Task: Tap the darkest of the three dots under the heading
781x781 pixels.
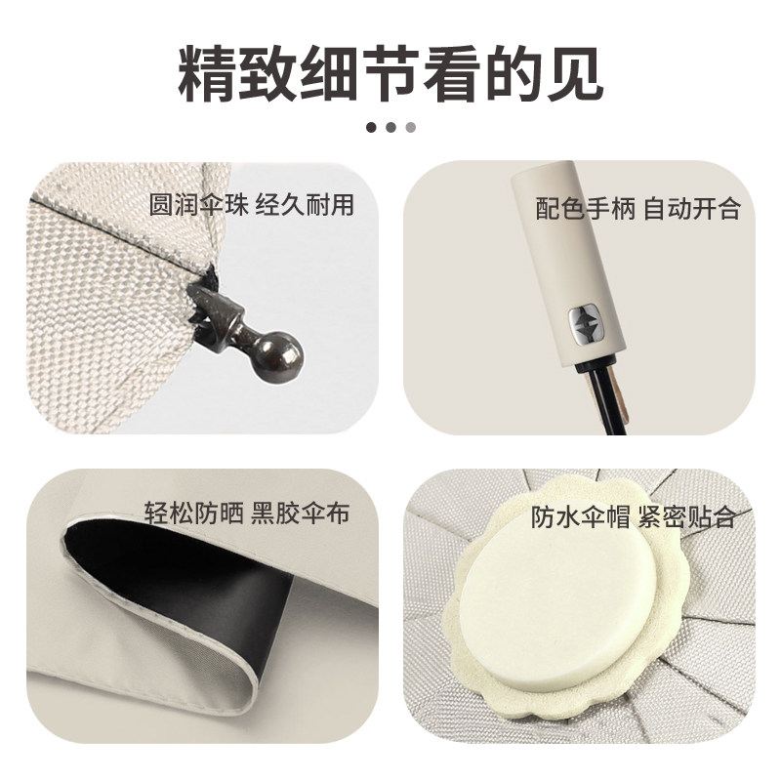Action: (371, 126)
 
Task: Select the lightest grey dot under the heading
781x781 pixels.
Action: (411, 126)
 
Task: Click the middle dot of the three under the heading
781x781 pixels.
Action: (390, 126)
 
